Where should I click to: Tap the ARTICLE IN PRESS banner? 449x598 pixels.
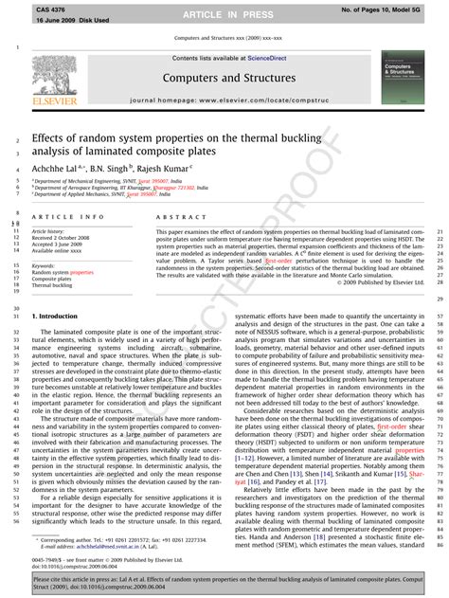click(x=224, y=14)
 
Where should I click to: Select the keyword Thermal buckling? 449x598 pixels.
click(x=53, y=259)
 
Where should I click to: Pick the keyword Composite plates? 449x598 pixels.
click(x=53, y=252)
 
